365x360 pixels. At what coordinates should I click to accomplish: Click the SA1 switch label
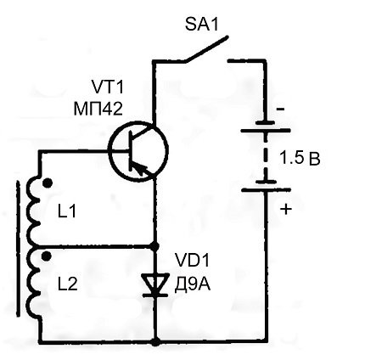[202, 24]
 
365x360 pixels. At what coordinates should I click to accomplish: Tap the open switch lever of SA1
[206, 48]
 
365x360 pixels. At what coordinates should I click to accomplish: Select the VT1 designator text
[108, 87]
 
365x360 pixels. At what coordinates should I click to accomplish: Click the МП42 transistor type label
[98, 109]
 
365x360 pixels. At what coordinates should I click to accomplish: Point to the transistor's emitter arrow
[140, 170]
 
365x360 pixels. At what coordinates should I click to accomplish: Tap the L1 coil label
[67, 211]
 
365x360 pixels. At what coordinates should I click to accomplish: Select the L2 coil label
[68, 284]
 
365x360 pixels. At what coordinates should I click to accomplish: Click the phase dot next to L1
[48, 183]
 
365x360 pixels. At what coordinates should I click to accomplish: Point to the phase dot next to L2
[46, 256]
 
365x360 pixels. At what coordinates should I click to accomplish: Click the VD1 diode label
[192, 261]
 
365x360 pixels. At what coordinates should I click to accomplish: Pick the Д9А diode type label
[192, 284]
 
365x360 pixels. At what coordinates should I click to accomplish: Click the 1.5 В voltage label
[300, 158]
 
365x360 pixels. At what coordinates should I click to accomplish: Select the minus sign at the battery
[280, 109]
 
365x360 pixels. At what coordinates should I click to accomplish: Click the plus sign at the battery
[286, 210]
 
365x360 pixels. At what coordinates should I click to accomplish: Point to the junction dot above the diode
[154, 246]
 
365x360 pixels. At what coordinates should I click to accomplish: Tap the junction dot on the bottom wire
[155, 342]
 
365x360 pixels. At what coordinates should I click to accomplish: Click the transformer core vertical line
[19, 248]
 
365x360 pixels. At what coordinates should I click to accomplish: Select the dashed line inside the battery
[266, 157]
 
